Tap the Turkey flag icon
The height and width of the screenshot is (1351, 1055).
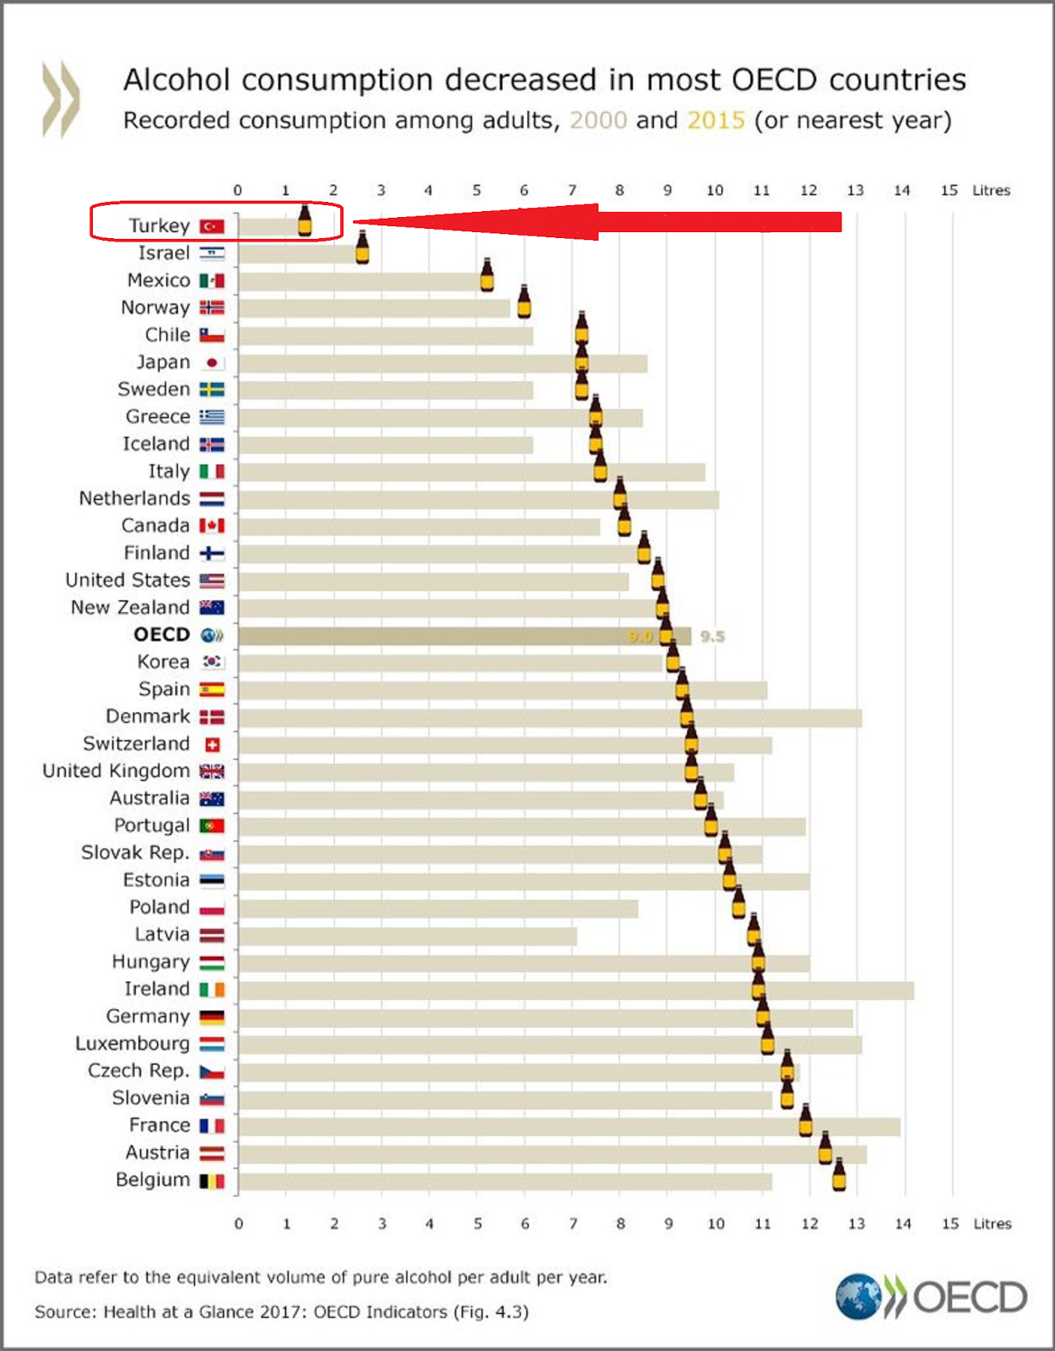212,226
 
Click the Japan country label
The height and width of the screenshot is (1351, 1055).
164,362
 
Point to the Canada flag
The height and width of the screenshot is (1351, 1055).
212,526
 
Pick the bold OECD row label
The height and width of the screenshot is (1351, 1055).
162,635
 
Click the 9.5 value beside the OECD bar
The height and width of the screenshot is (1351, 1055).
712,636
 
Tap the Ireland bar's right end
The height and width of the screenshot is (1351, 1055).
912,990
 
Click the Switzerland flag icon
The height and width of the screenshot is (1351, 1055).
213,745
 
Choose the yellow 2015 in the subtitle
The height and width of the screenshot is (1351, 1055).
716,120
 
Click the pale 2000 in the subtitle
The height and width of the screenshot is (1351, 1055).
598,120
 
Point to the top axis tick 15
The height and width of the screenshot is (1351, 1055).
949,190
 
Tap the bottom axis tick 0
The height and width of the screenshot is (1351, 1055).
239,1223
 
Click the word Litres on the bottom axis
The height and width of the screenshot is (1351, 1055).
993,1223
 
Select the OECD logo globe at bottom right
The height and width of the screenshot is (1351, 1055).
858,1297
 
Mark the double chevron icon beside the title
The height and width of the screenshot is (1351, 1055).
61,99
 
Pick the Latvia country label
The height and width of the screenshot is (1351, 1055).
162,935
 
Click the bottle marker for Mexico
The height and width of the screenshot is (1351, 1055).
487,275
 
